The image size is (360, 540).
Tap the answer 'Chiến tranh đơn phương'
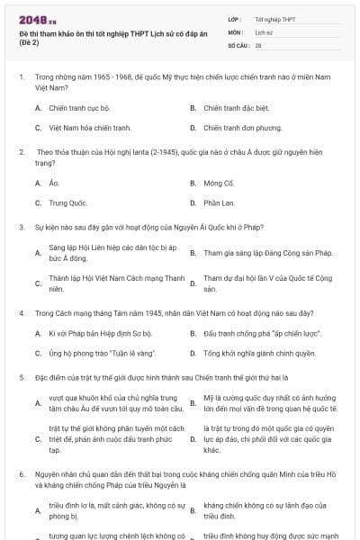pyautogui.click(x=237, y=128)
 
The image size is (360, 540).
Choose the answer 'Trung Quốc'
pyautogui.click(x=68, y=203)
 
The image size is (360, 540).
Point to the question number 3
pyautogui.click(x=21, y=229)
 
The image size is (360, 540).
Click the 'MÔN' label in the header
pyautogui.click(x=236, y=31)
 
